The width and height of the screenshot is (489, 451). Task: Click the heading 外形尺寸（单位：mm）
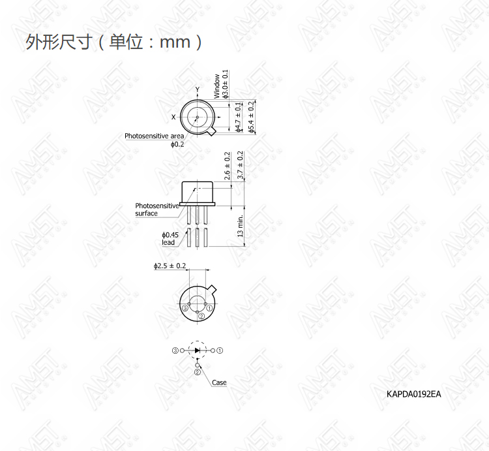tap(114, 42)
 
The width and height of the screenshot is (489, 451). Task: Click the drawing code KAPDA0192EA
tap(413, 394)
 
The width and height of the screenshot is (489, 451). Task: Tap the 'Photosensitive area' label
tap(154, 136)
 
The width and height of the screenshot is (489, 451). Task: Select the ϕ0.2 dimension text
tap(177, 144)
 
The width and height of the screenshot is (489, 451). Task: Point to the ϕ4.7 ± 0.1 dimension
tap(238, 117)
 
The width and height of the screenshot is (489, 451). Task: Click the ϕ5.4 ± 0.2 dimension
tap(251, 117)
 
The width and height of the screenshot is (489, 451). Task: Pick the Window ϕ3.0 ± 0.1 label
tap(221, 84)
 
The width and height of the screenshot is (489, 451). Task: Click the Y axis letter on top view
tap(197, 89)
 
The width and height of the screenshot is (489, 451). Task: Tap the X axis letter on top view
tap(173, 117)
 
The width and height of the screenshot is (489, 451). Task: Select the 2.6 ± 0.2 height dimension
tap(227, 166)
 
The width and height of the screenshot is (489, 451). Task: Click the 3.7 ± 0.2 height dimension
tap(240, 164)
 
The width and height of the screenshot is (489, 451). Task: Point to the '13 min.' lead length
tap(240, 226)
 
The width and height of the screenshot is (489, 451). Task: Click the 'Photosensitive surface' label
tap(157, 210)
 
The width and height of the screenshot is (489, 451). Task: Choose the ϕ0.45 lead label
tap(170, 239)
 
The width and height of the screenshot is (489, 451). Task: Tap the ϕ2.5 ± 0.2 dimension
tap(170, 266)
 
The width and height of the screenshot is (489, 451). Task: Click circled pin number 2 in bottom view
tap(201, 316)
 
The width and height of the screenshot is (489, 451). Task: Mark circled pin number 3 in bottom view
tap(185, 308)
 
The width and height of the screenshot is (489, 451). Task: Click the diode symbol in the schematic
tap(197, 350)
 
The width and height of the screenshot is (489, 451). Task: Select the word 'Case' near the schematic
tap(219, 382)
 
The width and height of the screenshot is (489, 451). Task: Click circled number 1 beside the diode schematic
tap(220, 350)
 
